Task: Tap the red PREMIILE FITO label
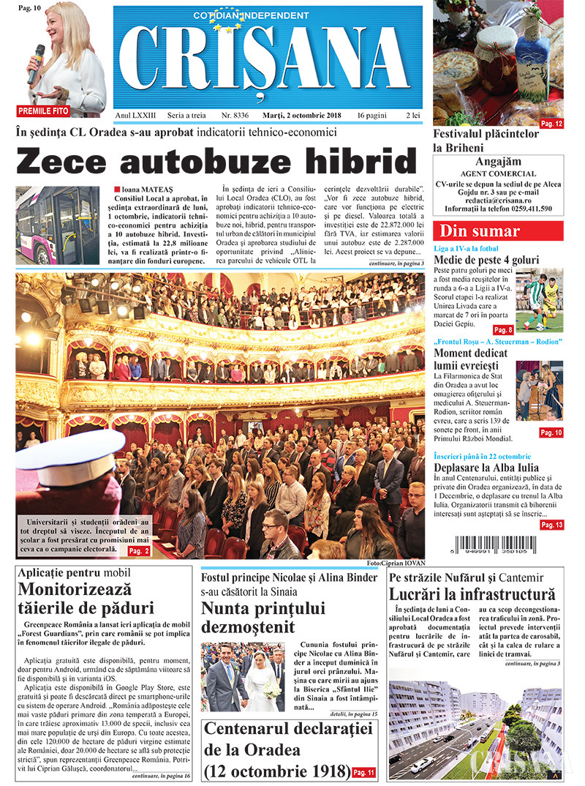[x=44, y=111]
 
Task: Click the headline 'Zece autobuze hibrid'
[x=216, y=161]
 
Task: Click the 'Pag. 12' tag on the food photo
[x=551, y=124]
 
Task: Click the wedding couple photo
[x=242, y=677]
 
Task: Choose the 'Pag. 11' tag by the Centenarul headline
[x=364, y=772]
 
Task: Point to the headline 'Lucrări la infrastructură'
[x=472, y=594]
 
